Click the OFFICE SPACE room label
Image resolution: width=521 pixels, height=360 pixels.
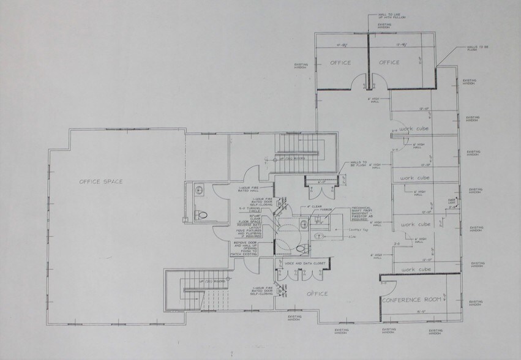(100, 181)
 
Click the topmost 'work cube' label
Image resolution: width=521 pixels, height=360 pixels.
(414, 129)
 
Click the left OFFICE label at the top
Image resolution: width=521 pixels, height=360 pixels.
(340, 62)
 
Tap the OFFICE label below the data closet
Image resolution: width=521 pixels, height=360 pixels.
(317, 294)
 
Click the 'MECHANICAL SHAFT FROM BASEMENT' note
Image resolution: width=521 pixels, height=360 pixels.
(362, 212)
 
